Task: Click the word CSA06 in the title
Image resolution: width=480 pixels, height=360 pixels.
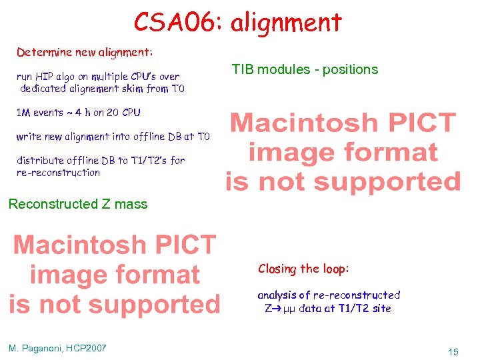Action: [176, 22]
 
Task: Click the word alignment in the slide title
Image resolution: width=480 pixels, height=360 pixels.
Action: [285, 22]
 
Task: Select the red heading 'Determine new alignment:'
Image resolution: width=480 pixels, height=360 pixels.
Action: [85, 51]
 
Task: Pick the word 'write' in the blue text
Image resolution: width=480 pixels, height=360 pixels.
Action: [29, 137]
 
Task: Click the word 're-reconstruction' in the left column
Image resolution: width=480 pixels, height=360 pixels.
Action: [58, 173]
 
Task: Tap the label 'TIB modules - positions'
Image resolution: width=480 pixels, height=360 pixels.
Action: [305, 69]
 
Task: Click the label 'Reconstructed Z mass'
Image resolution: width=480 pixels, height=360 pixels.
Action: [78, 204]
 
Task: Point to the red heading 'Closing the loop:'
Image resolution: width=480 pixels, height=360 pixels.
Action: [303, 269]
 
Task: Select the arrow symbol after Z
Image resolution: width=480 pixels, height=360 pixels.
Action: [273, 309]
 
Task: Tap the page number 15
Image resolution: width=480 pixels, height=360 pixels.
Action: [453, 351]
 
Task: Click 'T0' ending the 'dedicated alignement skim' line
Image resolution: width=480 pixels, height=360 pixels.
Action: [177, 89]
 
